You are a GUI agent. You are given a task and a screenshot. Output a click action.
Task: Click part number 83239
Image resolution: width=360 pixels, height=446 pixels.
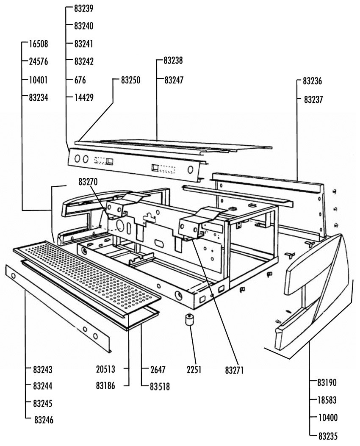83,8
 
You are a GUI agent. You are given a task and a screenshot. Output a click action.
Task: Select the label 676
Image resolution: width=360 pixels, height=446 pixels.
80,80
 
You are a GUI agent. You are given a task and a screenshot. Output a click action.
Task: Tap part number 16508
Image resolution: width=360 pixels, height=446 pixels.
39,44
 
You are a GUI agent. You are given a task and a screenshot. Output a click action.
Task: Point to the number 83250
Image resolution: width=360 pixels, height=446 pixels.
130,80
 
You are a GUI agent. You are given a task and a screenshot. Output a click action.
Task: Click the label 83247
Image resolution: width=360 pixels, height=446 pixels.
174,80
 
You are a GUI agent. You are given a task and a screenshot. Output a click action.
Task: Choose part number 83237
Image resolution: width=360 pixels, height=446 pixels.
313,100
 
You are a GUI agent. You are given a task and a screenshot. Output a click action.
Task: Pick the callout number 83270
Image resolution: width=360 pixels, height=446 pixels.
88,181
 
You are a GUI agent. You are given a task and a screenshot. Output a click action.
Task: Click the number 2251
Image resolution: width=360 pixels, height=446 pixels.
194,369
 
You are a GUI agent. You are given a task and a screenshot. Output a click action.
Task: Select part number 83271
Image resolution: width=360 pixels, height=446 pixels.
235,370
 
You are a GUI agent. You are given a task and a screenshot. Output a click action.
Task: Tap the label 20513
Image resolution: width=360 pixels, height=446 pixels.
105,369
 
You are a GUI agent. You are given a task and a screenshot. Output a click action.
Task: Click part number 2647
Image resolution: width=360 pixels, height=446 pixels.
158,369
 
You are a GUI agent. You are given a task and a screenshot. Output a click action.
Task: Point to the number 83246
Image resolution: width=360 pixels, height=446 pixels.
44,420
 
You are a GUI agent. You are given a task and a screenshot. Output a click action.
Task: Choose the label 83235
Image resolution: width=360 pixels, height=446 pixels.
328,436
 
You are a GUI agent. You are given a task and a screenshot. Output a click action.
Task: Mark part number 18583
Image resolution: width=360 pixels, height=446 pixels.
327,400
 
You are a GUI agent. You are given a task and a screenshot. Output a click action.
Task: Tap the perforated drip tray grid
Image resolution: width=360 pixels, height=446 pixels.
87,274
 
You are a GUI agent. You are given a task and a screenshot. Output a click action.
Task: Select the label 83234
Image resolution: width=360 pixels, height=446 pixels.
39,97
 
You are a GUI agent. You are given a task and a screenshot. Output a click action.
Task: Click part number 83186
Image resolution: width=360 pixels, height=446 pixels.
105,386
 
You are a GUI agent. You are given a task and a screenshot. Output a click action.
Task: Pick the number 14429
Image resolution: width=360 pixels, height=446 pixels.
84,97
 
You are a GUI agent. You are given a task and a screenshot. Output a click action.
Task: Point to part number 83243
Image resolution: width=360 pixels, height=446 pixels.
43,369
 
